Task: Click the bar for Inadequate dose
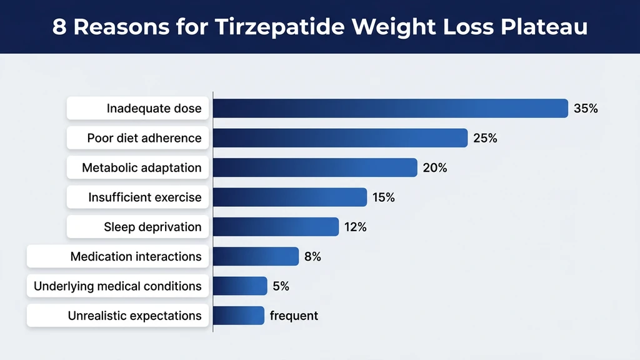tap(390, 108)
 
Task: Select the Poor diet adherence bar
tap(340, 138)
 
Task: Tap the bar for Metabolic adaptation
tap(315, 167)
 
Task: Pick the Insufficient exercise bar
tap(290, 197)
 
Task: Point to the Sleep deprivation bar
tap(276, 227)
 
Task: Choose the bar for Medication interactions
tap(256, 256)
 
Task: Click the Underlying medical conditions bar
tap(240, 286)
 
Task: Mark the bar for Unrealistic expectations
tap(239, 316)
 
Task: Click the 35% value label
tap(586, 109)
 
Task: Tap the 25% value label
tap(485, 138)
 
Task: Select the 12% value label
tap(355, 227)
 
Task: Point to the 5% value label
tap(281, 286)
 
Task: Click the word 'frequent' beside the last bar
tap(294, 316)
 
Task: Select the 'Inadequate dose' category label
tap(154, 109)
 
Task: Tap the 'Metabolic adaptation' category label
tap(142, 167)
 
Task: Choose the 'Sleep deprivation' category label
tap(152, 227)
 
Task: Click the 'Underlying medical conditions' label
tap(117, 286)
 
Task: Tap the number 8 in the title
tap(59, 27)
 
